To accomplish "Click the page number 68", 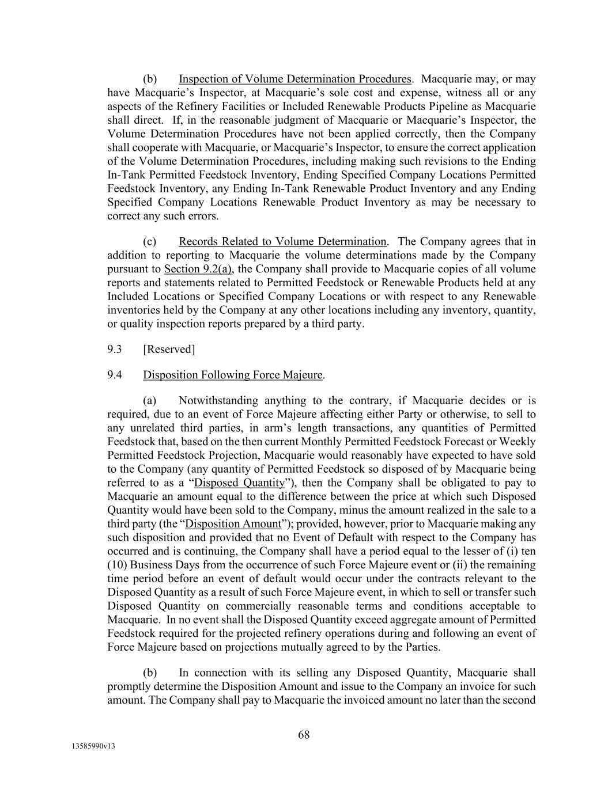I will point(304,735).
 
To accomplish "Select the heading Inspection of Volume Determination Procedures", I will point(295,79).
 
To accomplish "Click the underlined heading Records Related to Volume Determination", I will point(282,242).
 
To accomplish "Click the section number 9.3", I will point(114,350).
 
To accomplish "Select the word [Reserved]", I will point(169,350).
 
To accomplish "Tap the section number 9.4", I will point(114,375).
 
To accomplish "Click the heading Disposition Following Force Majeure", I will point(233,375).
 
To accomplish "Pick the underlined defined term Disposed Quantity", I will point(240,483).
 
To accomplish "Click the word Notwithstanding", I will point(217,401).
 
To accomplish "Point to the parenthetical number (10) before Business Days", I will point(118,565).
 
